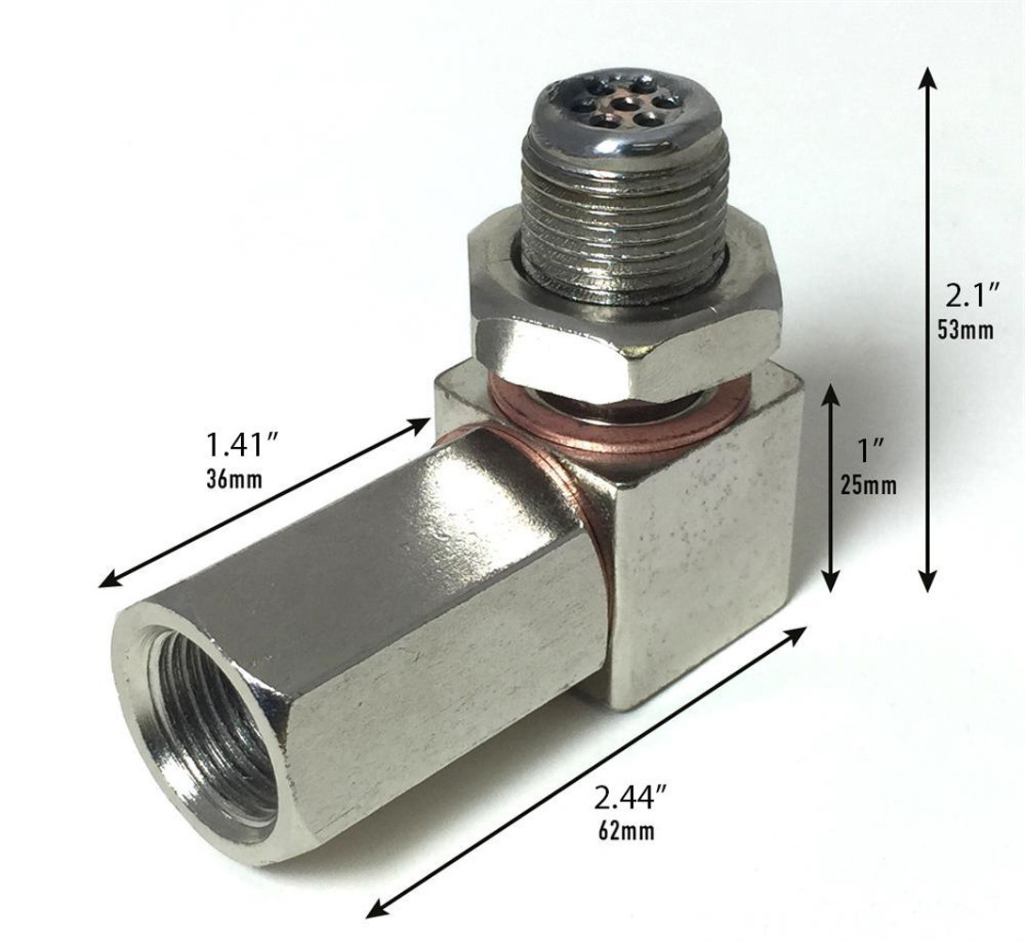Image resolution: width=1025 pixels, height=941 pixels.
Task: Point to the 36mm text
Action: pos(234,478)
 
